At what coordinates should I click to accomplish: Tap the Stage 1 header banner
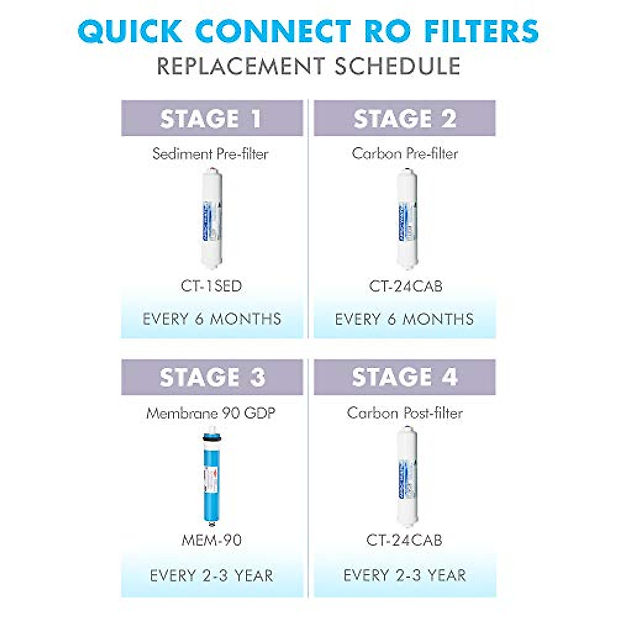pyautogui.click(x=212, y=118)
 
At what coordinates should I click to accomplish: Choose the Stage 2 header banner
pyautogui.click(x=405, y=118)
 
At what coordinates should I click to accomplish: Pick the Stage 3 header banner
pyautogui.click(x=212, y=377)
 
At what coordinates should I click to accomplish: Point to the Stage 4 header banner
pyautogui.click(x=405, y=377)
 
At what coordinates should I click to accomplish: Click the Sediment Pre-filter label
pyautogui.click(x=211, y=154)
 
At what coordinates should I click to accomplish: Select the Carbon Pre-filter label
pyautogui.click(x=405, y=154)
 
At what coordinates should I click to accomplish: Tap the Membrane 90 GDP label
pyautogui.click(x=211, y=413)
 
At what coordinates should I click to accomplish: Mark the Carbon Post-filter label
pyautogui.click(x=405, y=413)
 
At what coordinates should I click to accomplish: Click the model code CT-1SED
pyautogui.click(x=211, y=286)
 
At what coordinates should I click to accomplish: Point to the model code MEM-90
pyautogui.click(x=211, y=540)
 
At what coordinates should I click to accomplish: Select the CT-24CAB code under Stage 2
pyautogui.click(x=405, y=286)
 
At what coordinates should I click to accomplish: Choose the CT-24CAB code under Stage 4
pyautogui.click(x=404, y=540)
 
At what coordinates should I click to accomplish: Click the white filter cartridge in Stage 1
pyautogui.click(x=211, y=219)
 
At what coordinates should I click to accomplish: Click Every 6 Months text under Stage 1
pyautogui.click(x=212, y=319)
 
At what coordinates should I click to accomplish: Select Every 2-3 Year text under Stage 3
pyautogui.click(x=211, y=575)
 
